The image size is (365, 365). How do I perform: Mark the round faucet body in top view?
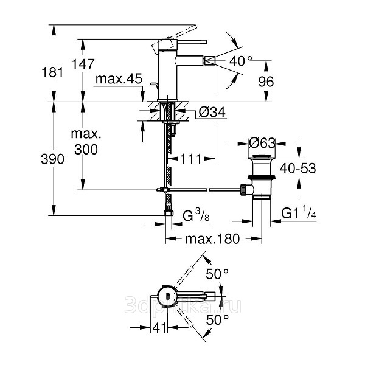click(167, 296)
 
